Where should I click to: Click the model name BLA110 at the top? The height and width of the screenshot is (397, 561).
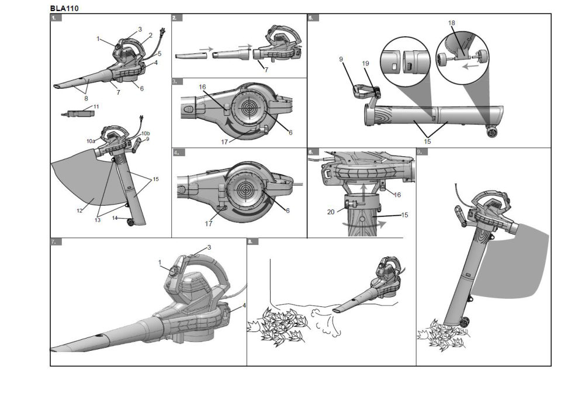(x=64, y=9)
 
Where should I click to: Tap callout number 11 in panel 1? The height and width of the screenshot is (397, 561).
(x=96, y=106)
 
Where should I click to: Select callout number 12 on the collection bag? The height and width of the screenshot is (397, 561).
(x=79, y=210)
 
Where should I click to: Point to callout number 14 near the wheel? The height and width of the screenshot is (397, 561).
(x=115, y=218)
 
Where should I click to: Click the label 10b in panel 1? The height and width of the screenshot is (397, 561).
(x=146, y=133)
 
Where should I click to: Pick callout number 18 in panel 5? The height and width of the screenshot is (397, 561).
(x=452, y=23)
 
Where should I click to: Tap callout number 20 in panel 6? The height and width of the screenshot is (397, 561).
(x=331, y=212)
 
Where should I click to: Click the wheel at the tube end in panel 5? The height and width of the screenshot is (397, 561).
(x=492, y=133)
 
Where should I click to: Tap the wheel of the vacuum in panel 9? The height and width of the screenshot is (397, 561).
(x=465, y=322)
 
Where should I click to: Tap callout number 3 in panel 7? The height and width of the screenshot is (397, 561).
(x=209, y=247)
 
